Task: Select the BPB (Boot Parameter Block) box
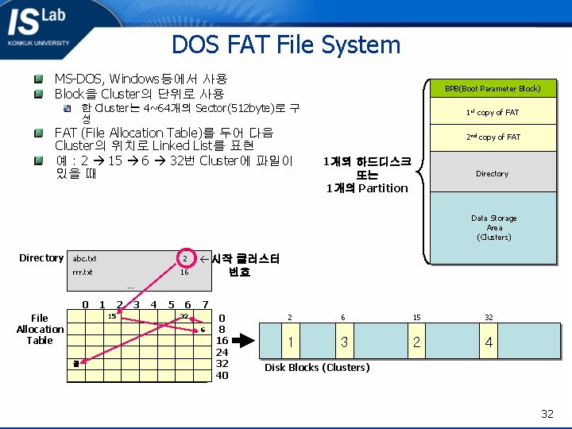pyautogui.click(x=493, y=88)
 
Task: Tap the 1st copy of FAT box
pyautogui.click(x=493, y=113)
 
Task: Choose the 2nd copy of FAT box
pyautogui.click(x=493, y=137)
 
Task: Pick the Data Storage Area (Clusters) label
pyautogui.click(x=493, y=228)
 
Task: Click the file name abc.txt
pyautogui.click(x=84, y=259)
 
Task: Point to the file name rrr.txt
pyautogui.click(x=83, y=272)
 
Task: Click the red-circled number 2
pyautogui.click(x=184, y=259)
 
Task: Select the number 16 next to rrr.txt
pyautogui.click(x=184, y=272)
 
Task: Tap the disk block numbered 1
pyautogui.click(x=291, y=342)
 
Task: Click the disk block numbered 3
pyautogui.click(x=344, y=342)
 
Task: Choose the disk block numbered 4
pyautogui.click(x=489, y=342)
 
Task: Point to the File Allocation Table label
pyautogui.click(x=40, y=329)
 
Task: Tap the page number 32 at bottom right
pyautogui.click(x=547, y=413)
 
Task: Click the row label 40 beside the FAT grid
pyautogui.click(x=222, y=375)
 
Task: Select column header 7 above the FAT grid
pyautogui.click(x=205, y=304)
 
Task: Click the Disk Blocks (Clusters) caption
pyautogui.click(x=317, y=367)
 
